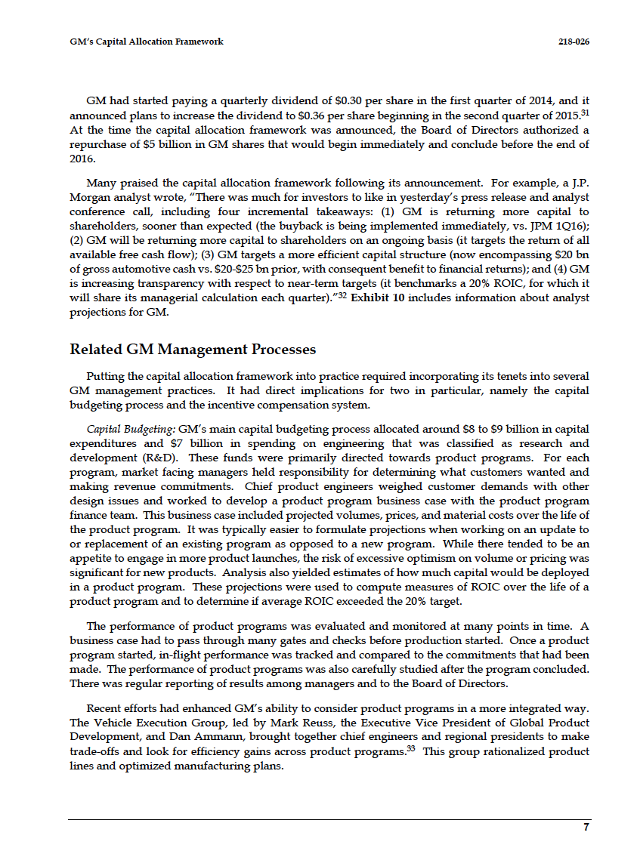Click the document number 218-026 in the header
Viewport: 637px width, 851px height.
574,42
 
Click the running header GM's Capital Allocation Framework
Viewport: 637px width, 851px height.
141,42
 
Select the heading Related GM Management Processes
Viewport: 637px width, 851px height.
193,350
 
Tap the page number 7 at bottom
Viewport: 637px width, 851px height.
586,828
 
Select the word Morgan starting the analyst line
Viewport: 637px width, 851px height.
88,198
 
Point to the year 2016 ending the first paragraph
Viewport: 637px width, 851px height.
82,159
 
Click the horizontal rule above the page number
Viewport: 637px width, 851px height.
329,819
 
